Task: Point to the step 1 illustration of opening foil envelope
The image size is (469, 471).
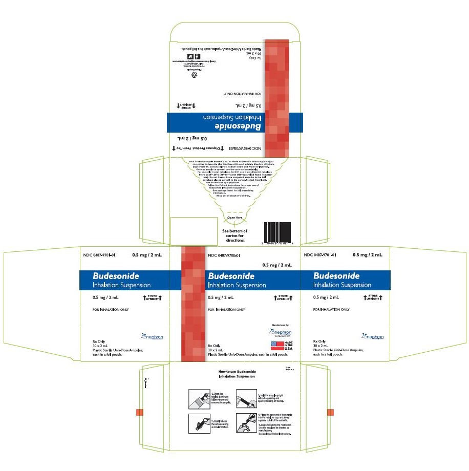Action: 198,398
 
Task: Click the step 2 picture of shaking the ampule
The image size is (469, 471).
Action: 198,422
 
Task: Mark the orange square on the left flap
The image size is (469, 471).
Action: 139,413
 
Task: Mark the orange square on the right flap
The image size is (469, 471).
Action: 330,413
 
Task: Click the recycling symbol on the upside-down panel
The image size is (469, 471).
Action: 194,75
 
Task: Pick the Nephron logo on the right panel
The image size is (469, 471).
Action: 372,336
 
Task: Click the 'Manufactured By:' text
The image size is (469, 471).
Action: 281,325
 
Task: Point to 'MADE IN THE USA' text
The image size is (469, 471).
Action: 289,345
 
